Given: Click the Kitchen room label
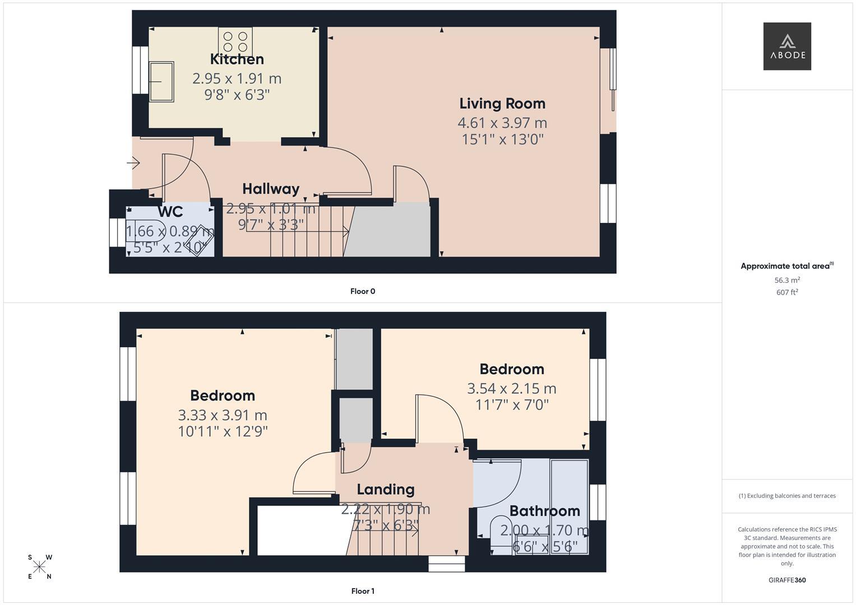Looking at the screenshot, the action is [x=237, y=59].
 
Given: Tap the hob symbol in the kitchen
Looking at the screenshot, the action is [x=235, y=41].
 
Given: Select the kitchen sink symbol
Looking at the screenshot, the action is [x=161, y=82].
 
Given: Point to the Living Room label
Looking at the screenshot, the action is [x=502, y=104].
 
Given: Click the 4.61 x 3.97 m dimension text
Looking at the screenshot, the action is [x=502, y=123].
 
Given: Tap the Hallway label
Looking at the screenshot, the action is [x=271, y=189].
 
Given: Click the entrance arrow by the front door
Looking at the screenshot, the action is [x=133, y=163].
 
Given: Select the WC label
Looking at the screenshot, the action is [x=170, y=212].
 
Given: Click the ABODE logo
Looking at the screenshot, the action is [x=787, y=46].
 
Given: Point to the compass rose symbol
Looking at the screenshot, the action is [x=39, y=567].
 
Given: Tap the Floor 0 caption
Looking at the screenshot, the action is [x=363, y=291].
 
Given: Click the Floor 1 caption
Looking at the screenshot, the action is [x=363, y=591].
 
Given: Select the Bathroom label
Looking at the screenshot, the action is [x=544, y=511].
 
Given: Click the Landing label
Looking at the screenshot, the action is [x=386, y=490].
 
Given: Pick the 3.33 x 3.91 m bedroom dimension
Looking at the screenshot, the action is [x=223, y=415].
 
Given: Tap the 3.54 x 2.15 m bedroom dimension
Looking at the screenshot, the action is [x=512, y=389].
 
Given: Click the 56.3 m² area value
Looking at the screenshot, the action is [x=787, y=280].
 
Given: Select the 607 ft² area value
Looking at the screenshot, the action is [x=787, y=292].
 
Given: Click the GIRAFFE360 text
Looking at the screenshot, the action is [x=787, y=580].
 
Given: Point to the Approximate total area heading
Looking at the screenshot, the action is [x=787, y=266].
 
